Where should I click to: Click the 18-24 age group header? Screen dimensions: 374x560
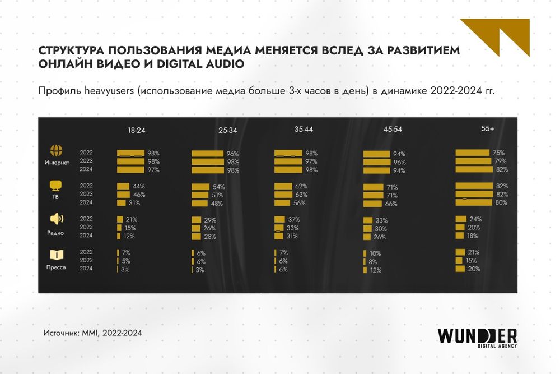[x=137, y=130]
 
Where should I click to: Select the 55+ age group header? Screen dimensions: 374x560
[x=487, y=128]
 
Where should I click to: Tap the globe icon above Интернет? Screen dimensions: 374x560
[x=56, y=151]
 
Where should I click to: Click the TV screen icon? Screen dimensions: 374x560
[x=56, y=186]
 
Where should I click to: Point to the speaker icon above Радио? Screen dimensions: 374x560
[x=56, y=219]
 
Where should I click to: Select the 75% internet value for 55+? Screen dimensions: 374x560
[x=499, y=153]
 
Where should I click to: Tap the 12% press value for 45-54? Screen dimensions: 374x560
[x=375, y=270]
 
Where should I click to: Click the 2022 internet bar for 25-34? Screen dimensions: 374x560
[x=207, y=154]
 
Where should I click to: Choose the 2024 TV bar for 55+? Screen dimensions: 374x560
[x=474, y=202]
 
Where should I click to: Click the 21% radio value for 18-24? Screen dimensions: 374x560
[x=131, y=220]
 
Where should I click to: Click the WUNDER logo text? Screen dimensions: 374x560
[x=477, y=335]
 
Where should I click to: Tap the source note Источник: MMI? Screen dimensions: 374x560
[x=92, y=333]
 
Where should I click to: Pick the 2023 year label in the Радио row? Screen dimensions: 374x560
[x=86, y=228]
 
